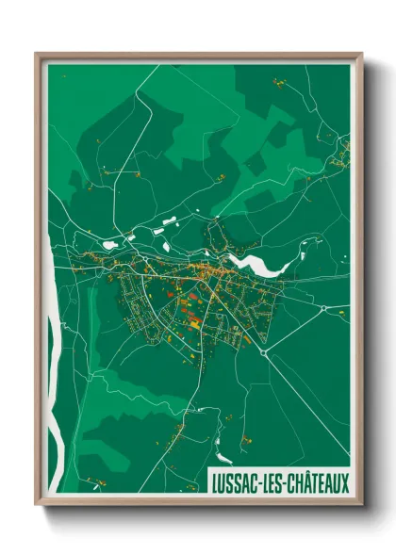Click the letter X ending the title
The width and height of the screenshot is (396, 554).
[345, 482]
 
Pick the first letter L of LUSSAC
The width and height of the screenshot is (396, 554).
[212, 482]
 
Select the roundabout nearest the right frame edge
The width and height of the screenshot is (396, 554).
[324, 308]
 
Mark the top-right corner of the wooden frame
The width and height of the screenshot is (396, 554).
[362, 54]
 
